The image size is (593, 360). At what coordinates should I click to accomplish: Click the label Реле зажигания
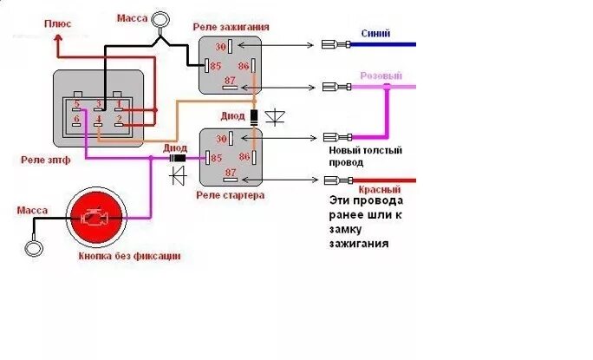[x=232, y=27]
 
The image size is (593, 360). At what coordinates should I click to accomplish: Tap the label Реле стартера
[x=230, y=195]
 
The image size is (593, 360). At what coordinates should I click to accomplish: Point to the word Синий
[x=375, y=34]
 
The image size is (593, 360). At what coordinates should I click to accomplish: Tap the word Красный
[x=379, y=189]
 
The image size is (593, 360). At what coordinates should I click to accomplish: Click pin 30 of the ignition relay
[x=220, y=47]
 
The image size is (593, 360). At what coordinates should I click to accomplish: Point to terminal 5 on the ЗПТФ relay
[x=77, y=103]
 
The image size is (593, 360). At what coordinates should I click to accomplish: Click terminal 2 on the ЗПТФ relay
[x=119, y=119]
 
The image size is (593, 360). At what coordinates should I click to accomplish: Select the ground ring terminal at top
[x=160, y=19]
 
